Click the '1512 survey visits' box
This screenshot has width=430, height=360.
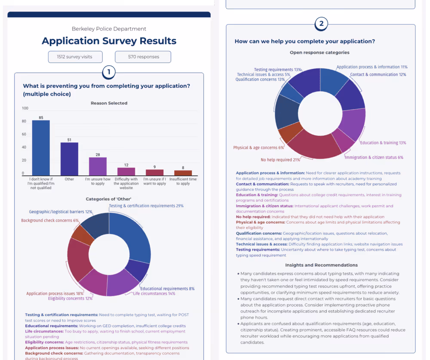(x=76, y=57)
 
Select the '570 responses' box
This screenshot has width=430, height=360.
(x=143, y=57)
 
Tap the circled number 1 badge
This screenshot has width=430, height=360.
(x=109, y=72)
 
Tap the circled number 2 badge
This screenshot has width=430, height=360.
(x=321, y=24)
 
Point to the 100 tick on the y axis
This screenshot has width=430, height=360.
(x=25, y=108)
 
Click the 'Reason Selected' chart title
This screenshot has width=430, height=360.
(x=109, y=103)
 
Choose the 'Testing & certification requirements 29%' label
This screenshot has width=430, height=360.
(x=146, y=206)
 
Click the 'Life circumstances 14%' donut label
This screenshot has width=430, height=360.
(x=154, y=293)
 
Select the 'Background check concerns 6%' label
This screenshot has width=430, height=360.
(x=50, y=221)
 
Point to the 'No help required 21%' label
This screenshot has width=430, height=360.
(x=280, y=160)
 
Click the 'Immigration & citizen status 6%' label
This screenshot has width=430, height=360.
(x=374, y=157)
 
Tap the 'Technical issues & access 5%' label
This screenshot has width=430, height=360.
(x=263, y=74)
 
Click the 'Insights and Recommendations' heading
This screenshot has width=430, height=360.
(x=321, y=265)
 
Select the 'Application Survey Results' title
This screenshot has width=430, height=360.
(x=109, y=41)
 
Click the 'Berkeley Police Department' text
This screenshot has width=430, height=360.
(x=109, y=29)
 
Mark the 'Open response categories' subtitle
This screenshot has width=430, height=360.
(x=319, y=52)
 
